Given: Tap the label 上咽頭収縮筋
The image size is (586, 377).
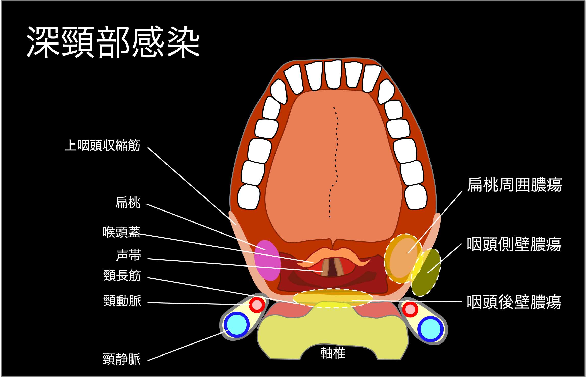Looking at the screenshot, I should (x=102, y=146).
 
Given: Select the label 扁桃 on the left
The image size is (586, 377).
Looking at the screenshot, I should (x=128, y=203).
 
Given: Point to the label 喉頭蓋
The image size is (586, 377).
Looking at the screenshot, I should (x=122, y=232).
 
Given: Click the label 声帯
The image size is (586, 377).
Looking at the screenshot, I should (x=128, y=256).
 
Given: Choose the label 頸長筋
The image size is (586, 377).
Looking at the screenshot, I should (x=122, y=276).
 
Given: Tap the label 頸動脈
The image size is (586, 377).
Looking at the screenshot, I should (x=122, y=301).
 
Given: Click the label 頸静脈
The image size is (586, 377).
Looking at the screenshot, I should (x=122, y=359).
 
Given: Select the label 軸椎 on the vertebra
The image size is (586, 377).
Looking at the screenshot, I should (x=333, y=353).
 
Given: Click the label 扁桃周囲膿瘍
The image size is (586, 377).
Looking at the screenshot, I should (x=515, y=185).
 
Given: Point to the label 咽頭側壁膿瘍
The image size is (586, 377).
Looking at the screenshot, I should (x=514, y=244).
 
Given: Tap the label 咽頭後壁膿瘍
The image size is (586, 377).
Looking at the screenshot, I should (x=514, y=302).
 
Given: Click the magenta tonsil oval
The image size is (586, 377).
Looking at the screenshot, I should (x=267, y=260).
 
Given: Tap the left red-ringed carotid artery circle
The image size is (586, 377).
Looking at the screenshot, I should (x=257, y=304).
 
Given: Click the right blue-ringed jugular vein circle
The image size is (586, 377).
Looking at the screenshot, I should (x=430, y=329).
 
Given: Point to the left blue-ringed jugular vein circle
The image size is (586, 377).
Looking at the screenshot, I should (x=237, y=325).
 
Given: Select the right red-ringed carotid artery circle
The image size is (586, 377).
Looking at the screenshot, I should (x=410, y=309).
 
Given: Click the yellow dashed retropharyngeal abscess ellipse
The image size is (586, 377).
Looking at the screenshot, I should (x=332, y=298).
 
